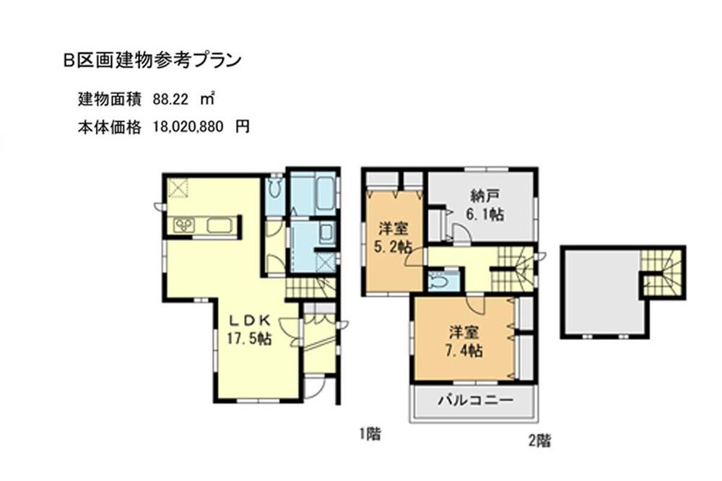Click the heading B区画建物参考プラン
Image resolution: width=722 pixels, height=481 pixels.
(151, 61)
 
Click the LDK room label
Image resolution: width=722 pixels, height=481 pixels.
(249, 321)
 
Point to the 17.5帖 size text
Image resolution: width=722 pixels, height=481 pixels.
(249, 338)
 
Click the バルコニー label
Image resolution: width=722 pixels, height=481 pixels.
(474, 399)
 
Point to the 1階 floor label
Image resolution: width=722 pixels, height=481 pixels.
(370, 434)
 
